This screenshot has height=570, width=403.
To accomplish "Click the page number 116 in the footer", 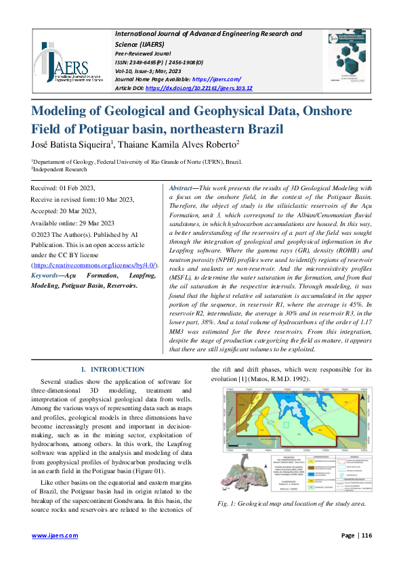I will coord(367,535).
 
